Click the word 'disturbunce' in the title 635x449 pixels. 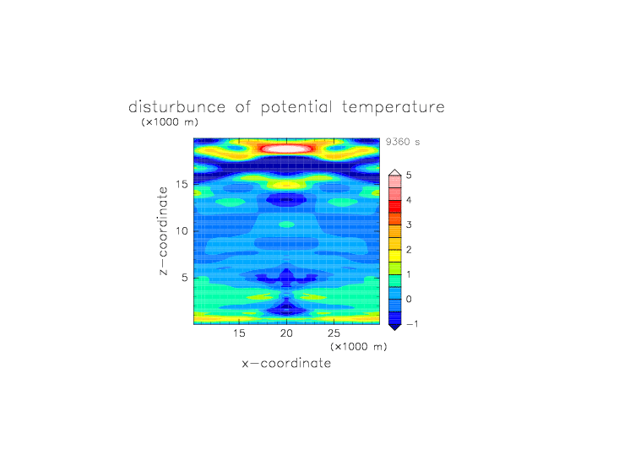[176, 107]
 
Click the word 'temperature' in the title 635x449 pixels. [393, 107]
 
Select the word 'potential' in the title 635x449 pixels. [296, 107]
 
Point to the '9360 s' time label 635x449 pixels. [403, 142]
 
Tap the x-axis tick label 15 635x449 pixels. [239, 333]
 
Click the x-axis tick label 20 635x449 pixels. [286, 333]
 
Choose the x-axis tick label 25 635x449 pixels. [334, 333]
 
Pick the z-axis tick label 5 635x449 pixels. [184, 278]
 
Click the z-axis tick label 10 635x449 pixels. [182, 231]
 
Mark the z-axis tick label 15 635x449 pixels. [182, 184]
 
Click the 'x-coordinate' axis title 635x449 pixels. [286, 363]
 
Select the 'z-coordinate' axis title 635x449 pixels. [163, 231]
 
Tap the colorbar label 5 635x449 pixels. [409, 176]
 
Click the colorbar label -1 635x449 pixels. [412, 324]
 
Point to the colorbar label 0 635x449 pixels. [409, 300]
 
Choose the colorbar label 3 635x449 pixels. [409, 224]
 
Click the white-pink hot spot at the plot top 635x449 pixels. [286, 149]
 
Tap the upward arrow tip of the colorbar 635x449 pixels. [395, 170]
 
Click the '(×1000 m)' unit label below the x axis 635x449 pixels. [359, 347]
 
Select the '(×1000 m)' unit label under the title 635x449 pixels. [170, 122]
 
